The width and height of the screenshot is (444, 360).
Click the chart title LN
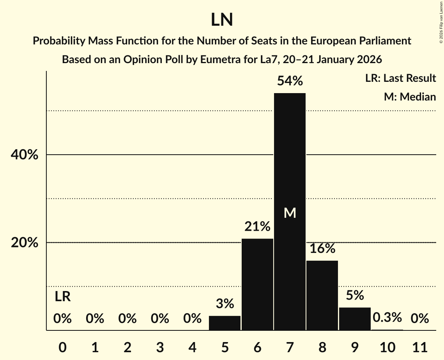coord(222,20)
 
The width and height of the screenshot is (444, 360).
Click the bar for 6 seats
coord(257,284)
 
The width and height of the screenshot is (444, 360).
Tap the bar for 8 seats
coord(322,295)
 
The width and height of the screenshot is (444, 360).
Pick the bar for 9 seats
coord(355,319)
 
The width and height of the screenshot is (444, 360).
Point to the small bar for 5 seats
coord(225,323)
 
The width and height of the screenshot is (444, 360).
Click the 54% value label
coord(290,81)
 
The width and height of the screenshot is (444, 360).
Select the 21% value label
coord(257,226)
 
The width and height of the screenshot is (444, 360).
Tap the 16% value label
coord(322,248)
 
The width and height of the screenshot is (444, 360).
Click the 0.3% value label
coord(387,318)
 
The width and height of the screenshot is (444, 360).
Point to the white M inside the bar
coord(290,213)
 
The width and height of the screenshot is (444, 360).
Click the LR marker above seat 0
coord(62,297)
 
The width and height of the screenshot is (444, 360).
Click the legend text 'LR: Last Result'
coord(400,78)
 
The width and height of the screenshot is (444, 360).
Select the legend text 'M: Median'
coord(410,97)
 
